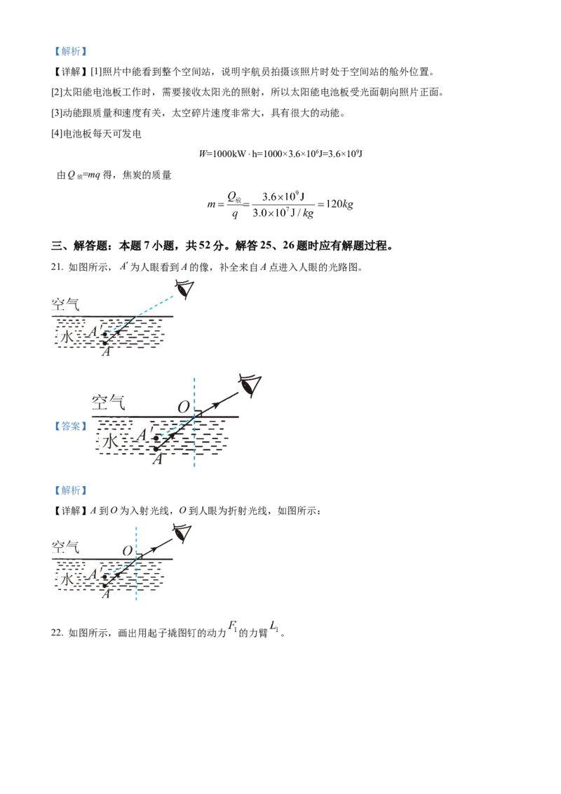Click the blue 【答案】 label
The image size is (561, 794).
[x=70, y=426]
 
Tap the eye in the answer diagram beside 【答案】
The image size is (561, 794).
[x=250, y=386]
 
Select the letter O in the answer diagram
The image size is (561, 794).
[x=183, y=407]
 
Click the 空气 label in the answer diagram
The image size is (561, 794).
[x=108, y=403]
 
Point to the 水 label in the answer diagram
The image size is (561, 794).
[x=110, y=441]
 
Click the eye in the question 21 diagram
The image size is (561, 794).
[x=185, y=289]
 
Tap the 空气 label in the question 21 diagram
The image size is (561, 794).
[x=65, y=304]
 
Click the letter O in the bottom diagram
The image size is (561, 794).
[x=128, y=551]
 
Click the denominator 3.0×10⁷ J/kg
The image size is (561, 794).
[x=283, y=213]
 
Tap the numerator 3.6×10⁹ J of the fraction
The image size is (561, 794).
[x=283, y=196]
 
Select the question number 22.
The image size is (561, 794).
[x=58, y=633]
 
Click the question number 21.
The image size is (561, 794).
[x=58, y=267]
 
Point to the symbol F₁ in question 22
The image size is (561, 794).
[x=232, y=626]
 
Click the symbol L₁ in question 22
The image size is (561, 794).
[x=274, y=626]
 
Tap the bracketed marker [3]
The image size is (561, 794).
[x=56, y=113]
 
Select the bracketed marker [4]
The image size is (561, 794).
[x=56, y=134]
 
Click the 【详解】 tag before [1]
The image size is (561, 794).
[x=70, y=72]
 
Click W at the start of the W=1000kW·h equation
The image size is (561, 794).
[x=203, y=154]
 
